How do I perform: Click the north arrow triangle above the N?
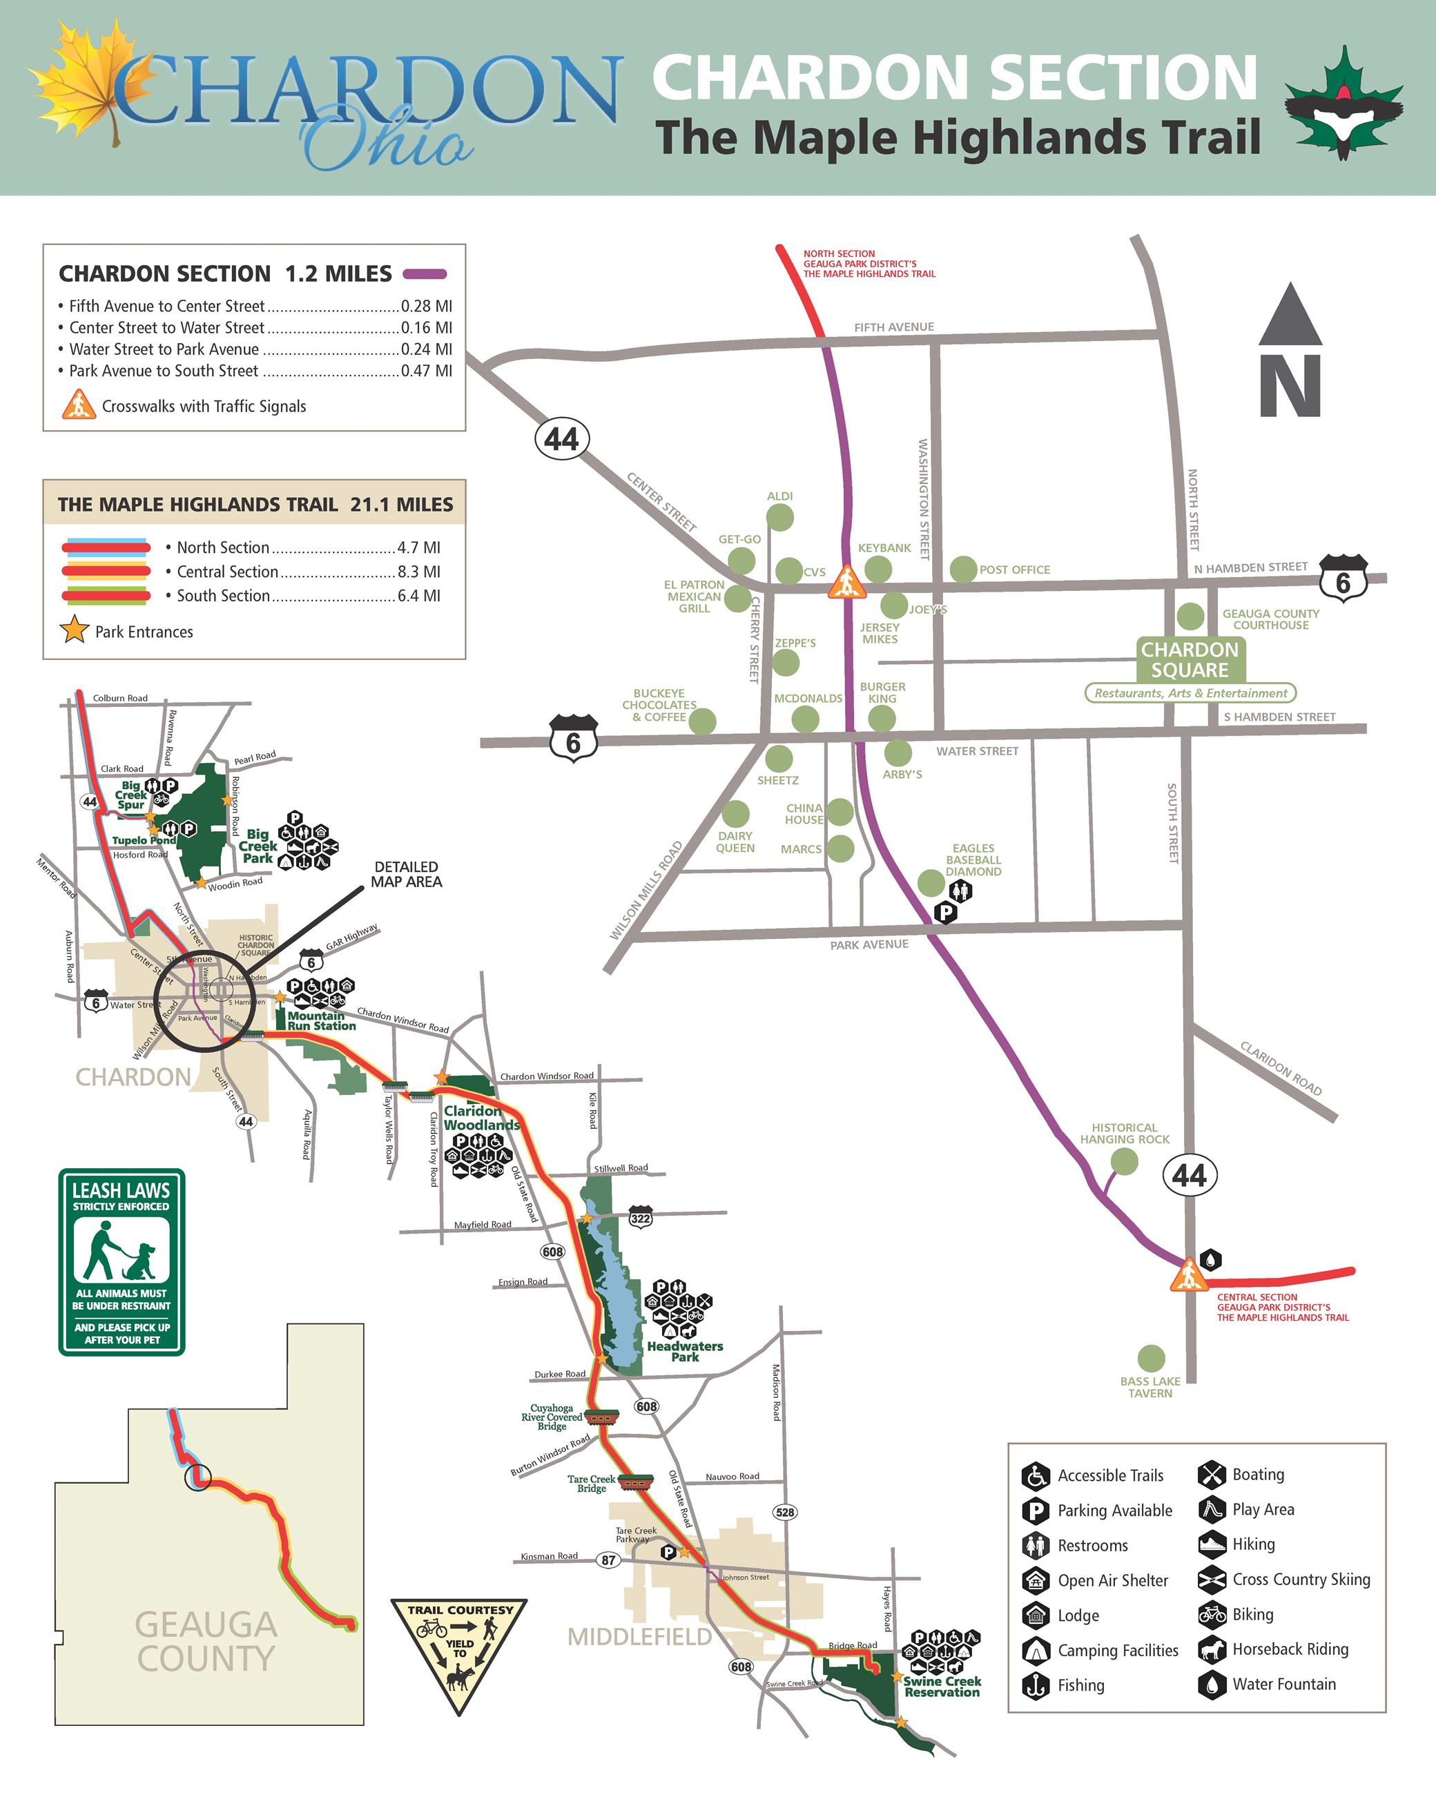[1290, 316]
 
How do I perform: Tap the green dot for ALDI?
[779, 517]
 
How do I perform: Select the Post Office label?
[1014, 570]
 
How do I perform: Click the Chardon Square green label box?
[1190, 659]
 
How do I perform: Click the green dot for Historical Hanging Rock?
[1124, 1161]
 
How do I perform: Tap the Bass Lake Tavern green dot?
[1150, 1358]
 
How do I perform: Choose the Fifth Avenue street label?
[893, 327]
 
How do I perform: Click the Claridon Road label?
[1281, 1068]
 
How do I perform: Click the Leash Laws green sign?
[122, 1261]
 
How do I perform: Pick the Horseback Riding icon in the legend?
[1212, 1649]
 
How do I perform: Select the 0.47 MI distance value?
[426, 371]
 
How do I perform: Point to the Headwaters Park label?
[684, 1351]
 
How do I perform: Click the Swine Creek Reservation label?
[942, 1686]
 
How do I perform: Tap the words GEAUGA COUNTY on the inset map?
[206, 1641]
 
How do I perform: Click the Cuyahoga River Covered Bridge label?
[551, 1417]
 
